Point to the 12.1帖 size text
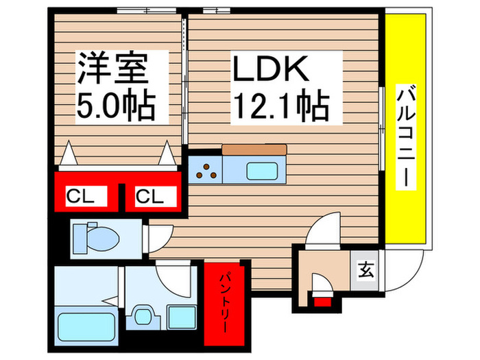coord(281,106)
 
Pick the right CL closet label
coord(150,197)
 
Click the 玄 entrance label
coord(364,270)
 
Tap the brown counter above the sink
coord(254,150)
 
